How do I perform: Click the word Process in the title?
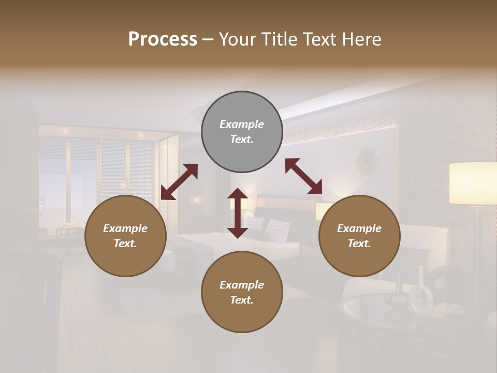click(x=163, y=39)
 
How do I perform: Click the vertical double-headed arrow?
click(x=238, y=213)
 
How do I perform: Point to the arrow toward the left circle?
click(x=179, y=181)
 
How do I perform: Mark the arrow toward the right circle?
click(x=303, y=176)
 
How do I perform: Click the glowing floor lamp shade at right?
click(x=473, y=183)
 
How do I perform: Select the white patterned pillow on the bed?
click(x=277, y=230)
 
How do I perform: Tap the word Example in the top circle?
click(x=242, y=124)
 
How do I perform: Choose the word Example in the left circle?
click(x=125, y=228)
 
